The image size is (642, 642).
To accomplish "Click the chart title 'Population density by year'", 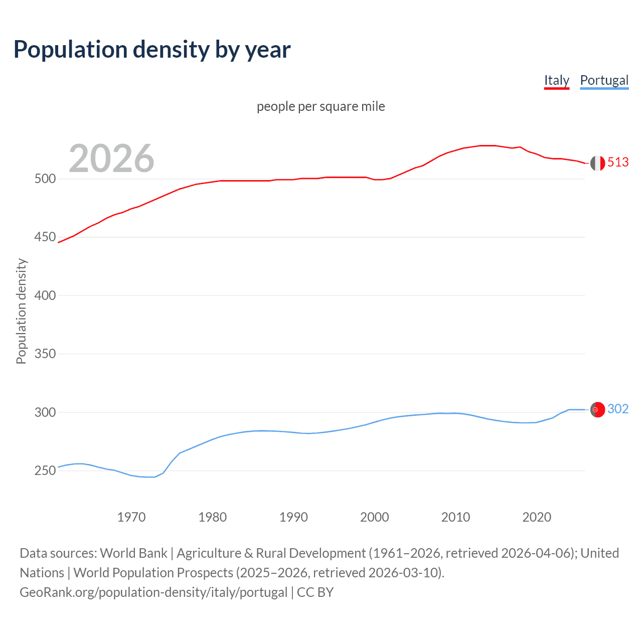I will pyautogui.click(x=152, y=50).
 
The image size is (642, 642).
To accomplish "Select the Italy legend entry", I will pyautogui.click(x=557, y=80).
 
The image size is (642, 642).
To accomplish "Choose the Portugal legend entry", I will pyautogui.click(x=604, y=80).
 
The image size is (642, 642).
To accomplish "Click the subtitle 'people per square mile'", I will pyautogui.click(x=321, y=106).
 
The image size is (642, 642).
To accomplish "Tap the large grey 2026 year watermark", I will pyautogui.click(x=111, y=158).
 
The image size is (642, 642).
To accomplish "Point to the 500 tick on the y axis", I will pyautogui.click(x=45, y=179).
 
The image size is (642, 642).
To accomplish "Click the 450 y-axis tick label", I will pyautogui.click(x=45, y=237).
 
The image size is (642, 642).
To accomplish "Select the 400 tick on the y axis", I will pyautogui.click(x=45, y=295).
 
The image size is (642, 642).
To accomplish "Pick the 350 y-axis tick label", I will pyautogui.click(x=45, y=354).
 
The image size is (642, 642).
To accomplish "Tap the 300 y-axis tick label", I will pyautogui.click(x=45, y=412).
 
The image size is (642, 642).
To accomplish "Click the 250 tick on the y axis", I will pyautogui.click(x=45, y=470).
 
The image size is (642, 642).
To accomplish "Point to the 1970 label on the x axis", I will pyautogui.click(x=131, y=517).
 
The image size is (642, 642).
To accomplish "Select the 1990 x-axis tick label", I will pyautogui.click(x=293, y=517).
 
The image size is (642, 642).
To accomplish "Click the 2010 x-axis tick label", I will pyautogui.click(x=455, y=517).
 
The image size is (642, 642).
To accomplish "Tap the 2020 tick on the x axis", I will pyautogui.click(x=537, y=517).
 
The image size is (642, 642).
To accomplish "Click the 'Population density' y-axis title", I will pyautogui.click(x=21, y=311).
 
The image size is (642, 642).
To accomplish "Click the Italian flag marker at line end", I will pyautogui.click(x=597, y=163).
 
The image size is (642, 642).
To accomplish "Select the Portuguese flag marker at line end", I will pyautogui.click(x=597, y=410).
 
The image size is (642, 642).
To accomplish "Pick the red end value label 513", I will pyautogui.click(x=618, y=162).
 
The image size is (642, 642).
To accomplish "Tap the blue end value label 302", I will pyautogui.click(x=618, y=409).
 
